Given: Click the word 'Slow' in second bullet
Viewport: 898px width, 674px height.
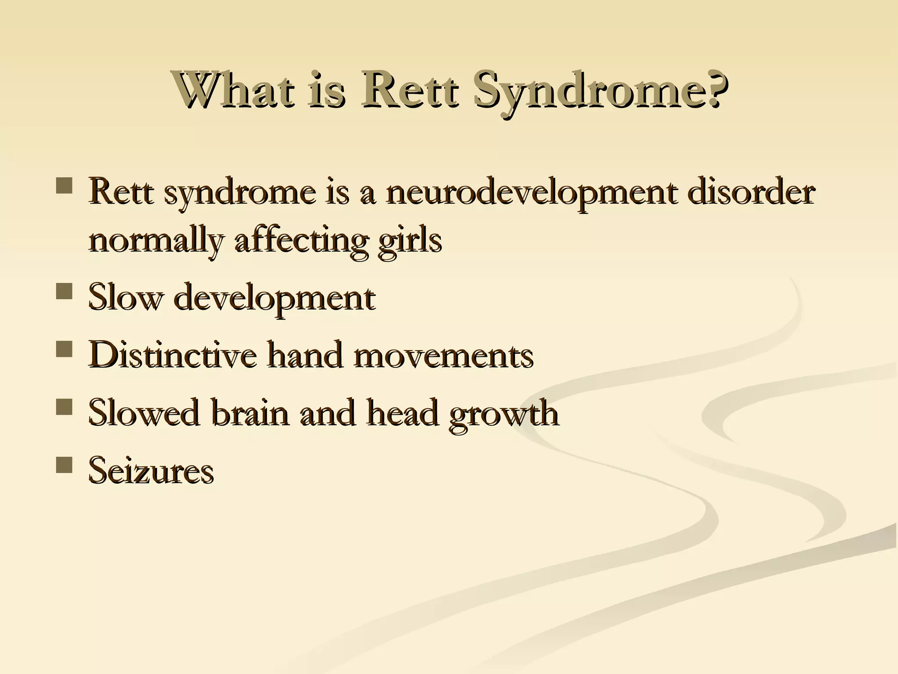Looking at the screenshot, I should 125,297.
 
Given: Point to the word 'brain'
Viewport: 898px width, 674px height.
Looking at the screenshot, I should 250,412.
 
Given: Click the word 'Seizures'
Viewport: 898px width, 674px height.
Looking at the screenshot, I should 151,470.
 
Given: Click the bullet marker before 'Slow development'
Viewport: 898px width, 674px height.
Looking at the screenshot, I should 64,291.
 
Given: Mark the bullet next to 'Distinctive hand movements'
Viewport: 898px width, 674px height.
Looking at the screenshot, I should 64,349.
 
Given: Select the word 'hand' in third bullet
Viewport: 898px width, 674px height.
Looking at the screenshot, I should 304,355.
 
